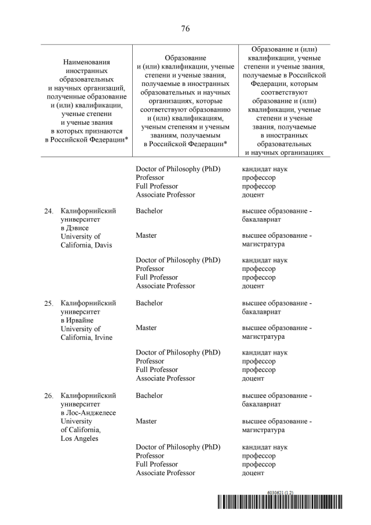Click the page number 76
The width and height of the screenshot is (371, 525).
click(x=185, y=28)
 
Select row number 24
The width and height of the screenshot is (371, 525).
click(x=49, y=211)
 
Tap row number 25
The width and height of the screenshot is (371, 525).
click(x=49, y=303)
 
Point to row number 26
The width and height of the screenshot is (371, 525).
click(x=49, y=396)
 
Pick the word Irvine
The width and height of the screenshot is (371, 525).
click(x=101, y=338)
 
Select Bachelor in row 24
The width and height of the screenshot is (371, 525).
click(x=149, y=211)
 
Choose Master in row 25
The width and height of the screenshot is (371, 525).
click(x=146, y=328)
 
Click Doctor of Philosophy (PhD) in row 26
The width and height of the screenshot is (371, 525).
click(x=178, y=447)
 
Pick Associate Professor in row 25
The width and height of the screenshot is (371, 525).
click(x=165, y=378)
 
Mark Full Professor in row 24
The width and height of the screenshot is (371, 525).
click(x=157, y=277)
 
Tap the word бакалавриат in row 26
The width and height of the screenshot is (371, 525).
click(x=261, y=404)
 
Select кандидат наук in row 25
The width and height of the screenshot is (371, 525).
click(x=264, y=352)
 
